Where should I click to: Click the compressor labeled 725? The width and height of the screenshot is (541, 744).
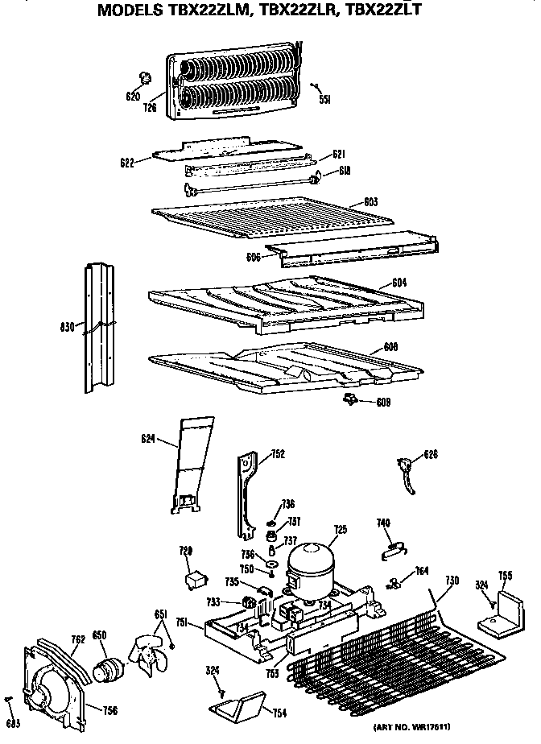pos(310,564)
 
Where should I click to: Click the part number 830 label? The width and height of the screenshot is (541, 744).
pos(67,326)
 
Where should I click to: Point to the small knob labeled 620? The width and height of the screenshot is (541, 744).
pos(146,77)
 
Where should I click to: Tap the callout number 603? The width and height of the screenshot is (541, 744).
pos(370,202)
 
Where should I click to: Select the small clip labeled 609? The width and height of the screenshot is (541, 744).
pos(351,399)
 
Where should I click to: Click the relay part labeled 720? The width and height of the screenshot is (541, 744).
pos(195,579)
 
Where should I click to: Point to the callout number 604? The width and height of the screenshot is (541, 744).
pos(399,282)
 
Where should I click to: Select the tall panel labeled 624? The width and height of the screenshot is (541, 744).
pos(192,465)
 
